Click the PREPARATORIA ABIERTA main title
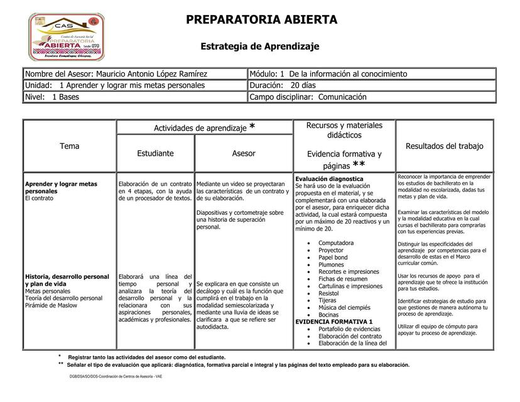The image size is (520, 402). pos(261,19)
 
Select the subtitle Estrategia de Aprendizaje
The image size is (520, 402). pos(260,46)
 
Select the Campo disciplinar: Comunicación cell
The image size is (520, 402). pos(308,97)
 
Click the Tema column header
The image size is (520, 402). pos(70,146)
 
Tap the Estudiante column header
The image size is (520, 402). pos(156,153)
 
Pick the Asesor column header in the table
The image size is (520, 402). pos(244,153)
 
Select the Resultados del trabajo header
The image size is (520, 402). pos(445,146)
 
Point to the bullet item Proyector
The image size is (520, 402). pos(331,250)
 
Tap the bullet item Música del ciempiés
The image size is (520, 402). pos(344,308)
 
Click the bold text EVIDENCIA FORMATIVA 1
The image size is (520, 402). pos(334,322)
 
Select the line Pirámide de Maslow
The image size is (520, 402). pos(51,305)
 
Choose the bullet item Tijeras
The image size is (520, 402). pos(327,300)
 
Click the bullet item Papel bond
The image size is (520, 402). pos(333,258)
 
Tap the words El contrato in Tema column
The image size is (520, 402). pos(39,198)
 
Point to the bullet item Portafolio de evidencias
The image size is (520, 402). pos(349,329)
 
